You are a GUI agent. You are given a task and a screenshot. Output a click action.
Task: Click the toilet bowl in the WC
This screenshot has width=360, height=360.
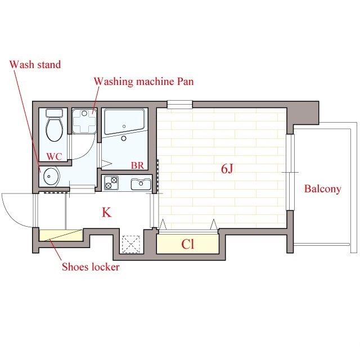[55, 129]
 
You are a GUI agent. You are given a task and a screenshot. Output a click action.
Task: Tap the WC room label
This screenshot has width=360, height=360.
[54, 156]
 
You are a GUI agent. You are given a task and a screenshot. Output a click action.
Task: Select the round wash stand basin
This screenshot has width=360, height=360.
[50, 177]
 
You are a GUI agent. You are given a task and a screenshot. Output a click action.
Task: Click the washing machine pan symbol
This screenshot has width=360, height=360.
[84, 121]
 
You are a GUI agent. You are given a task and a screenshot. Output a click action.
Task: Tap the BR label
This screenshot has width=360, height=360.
[137, 165]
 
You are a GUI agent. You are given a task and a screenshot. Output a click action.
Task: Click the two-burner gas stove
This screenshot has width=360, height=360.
[111, 183]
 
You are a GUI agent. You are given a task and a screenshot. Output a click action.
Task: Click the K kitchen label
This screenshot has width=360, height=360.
[106, 213]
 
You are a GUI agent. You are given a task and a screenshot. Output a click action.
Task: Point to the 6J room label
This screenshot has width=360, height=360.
[227, 169]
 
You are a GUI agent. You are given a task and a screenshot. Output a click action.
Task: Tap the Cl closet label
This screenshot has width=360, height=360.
[187, 244]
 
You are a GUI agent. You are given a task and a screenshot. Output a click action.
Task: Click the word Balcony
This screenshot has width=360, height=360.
[322, 189]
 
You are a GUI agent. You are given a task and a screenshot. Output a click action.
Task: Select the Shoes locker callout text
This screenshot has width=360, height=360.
[91, 267]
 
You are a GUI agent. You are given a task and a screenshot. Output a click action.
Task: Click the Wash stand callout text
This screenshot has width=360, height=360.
[35, 65]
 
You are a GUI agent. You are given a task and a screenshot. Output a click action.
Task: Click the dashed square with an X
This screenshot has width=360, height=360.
[131, 244]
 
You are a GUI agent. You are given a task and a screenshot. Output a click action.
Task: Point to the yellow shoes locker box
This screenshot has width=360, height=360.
[61, 235]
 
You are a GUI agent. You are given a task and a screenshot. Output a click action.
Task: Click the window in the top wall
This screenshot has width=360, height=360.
[179, 105]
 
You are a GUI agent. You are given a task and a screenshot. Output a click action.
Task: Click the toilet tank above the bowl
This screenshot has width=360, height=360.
[54, 112]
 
